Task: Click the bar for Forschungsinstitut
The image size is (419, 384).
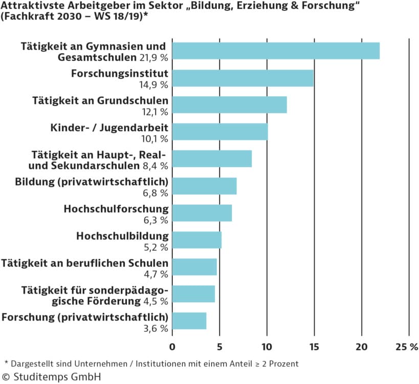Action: click(x=242, y=78)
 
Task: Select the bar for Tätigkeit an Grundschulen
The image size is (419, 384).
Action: click(x=229, y=105)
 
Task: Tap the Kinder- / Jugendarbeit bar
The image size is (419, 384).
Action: click(x=220, y=132)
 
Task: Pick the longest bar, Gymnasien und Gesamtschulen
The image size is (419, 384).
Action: click(x=276, y=51)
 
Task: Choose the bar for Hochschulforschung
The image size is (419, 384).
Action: click(x=202, y=212)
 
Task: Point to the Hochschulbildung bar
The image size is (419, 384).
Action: click(x=197, y=240)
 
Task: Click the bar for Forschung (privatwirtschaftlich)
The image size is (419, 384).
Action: click(x=189, y=321)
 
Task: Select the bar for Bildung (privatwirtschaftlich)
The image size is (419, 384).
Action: click(x=204, y=186)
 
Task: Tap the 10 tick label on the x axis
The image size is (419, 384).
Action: click(x=267, y=347)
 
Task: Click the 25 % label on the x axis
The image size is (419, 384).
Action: click(x=407, y=347)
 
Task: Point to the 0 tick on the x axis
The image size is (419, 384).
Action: click(x=172, y=347)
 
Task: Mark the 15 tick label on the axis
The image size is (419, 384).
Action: click(x=314, y=347)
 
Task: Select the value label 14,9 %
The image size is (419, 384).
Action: click(x=156, y=84)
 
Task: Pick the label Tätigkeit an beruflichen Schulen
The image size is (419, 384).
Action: click(x=85, y=263)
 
